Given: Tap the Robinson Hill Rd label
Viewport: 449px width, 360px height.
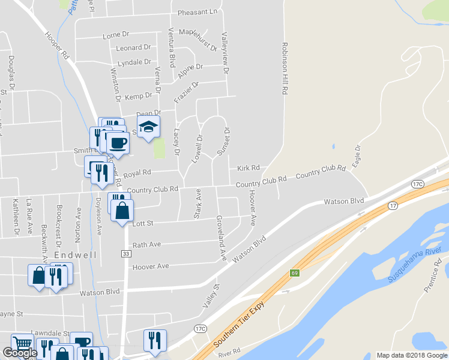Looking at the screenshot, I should pos(286,67).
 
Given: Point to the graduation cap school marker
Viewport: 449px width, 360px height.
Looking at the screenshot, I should pos(148,127).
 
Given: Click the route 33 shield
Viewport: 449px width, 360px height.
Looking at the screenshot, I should pos(124,253).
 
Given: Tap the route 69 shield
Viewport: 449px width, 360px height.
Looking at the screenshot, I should pos(295,273).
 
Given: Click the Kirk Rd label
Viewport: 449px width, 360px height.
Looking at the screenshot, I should pos(248,168).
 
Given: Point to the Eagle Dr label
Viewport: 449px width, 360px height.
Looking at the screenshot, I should pos(358,156).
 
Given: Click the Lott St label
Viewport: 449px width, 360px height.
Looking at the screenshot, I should pos(143,223).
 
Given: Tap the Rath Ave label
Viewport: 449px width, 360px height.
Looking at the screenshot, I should pos(146,245).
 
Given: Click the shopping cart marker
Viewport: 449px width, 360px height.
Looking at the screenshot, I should pos(22,344).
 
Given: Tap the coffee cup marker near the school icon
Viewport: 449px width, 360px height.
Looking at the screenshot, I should pos(118,143).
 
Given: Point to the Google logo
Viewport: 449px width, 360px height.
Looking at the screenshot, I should pos(20,353).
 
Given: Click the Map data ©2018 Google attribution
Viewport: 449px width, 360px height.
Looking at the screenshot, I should pos(411,355).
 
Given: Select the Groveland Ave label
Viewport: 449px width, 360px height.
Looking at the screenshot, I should pos(221,238).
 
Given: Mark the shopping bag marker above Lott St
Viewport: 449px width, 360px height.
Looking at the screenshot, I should pos(122,211).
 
